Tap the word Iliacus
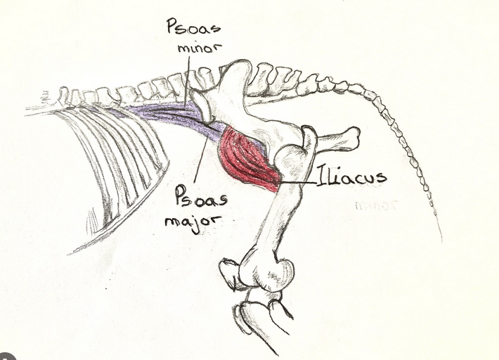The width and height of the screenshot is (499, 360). pos(351,176)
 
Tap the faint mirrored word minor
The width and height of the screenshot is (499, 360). pos(376,206)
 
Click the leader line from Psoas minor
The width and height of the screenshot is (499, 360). pos(188,80)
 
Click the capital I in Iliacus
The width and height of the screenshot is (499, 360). pos(320,176)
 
